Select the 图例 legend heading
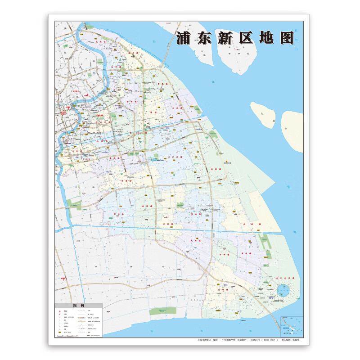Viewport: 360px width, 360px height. (x=79, y=305)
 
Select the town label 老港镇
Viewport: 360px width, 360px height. (x=246, y=223)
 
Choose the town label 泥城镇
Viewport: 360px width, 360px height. (x=223, y=291)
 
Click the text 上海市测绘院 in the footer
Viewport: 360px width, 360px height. (x=206, y=341)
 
